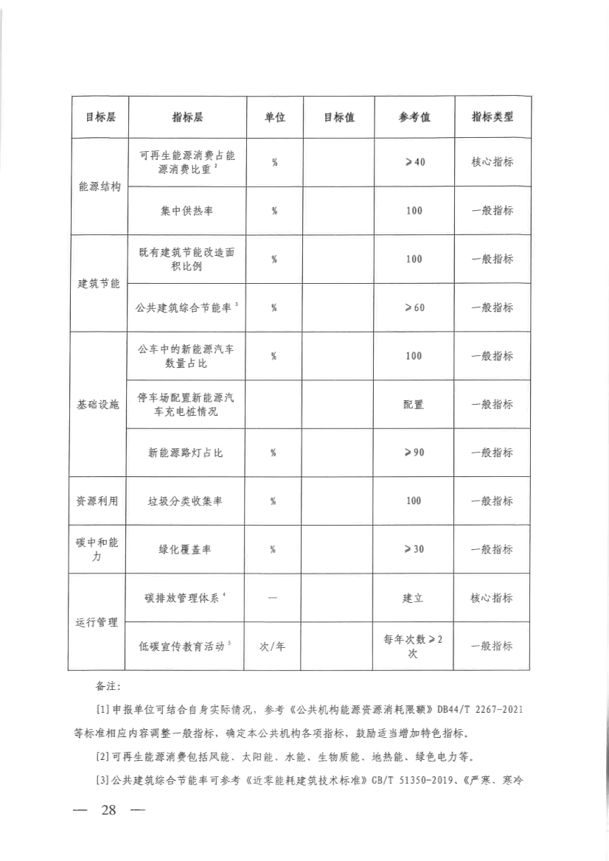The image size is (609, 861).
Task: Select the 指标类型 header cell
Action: (x=492, y=117)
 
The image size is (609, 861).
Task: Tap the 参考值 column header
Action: (x=414, y=117)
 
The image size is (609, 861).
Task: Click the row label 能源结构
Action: (x=99, y=186)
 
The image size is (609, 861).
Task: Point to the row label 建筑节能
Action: (x=99, y=283)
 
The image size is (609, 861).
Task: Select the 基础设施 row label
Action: (x=99, y=404)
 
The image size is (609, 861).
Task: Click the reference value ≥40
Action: (x=414, y=162)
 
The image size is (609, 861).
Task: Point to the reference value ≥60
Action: (x=414, y=307)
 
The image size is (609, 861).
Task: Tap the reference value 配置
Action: (x=414, y=405)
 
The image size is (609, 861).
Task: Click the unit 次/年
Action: (x=273, y=646)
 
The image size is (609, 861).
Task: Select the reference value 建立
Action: (x=414, y=598)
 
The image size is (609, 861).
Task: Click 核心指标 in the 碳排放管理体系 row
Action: (x=492, y=598)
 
